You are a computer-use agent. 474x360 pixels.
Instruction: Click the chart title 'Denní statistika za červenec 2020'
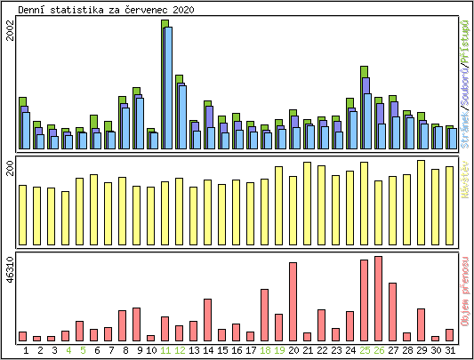107,9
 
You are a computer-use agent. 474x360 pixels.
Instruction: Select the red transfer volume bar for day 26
379,299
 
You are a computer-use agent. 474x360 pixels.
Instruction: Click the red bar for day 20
293,301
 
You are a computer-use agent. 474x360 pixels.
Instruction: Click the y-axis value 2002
10,31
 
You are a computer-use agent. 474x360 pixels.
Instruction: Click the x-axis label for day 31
450,351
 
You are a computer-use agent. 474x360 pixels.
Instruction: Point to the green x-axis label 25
365,351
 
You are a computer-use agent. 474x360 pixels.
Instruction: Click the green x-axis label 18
265,351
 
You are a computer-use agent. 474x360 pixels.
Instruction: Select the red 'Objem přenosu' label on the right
465,298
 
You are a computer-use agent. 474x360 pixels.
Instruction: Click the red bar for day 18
265,315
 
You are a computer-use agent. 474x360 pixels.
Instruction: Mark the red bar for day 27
393,311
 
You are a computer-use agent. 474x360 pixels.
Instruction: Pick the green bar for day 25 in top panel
365,71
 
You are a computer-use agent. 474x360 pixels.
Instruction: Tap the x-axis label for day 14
208,351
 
